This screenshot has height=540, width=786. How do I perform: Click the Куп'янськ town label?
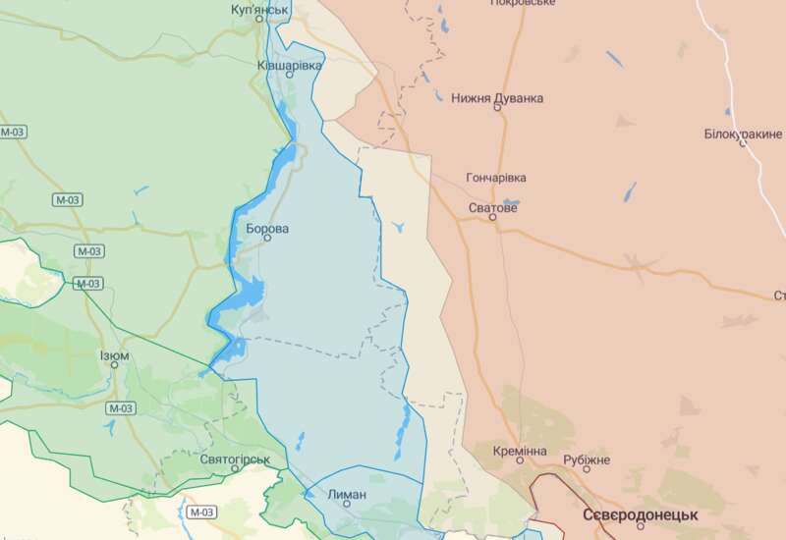(x=259, y=9)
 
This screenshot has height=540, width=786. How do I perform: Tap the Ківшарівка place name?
(x=289, y=65)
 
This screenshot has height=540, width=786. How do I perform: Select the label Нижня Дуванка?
(x=497, y=98)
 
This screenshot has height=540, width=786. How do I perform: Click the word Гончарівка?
(x=495, y=178)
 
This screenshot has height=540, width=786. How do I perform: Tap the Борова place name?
(x=267, y=229)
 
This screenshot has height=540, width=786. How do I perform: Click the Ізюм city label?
(x=114, y=355)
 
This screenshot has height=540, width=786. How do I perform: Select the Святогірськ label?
(x=234, y=459)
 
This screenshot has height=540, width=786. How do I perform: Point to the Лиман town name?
(x=346, y=494)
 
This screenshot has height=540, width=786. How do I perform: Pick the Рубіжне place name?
(x=587, y=459)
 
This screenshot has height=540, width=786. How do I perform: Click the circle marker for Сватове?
(x=494, y=218)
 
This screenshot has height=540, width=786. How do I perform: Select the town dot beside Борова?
(x=267, y=238)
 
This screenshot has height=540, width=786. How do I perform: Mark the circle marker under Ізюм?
(x=114, y=365)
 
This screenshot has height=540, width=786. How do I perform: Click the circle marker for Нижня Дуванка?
(x=497, y=108)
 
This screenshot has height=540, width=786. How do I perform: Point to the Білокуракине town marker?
(x=743, y=143)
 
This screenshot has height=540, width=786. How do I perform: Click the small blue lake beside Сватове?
(x=510, y=204)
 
